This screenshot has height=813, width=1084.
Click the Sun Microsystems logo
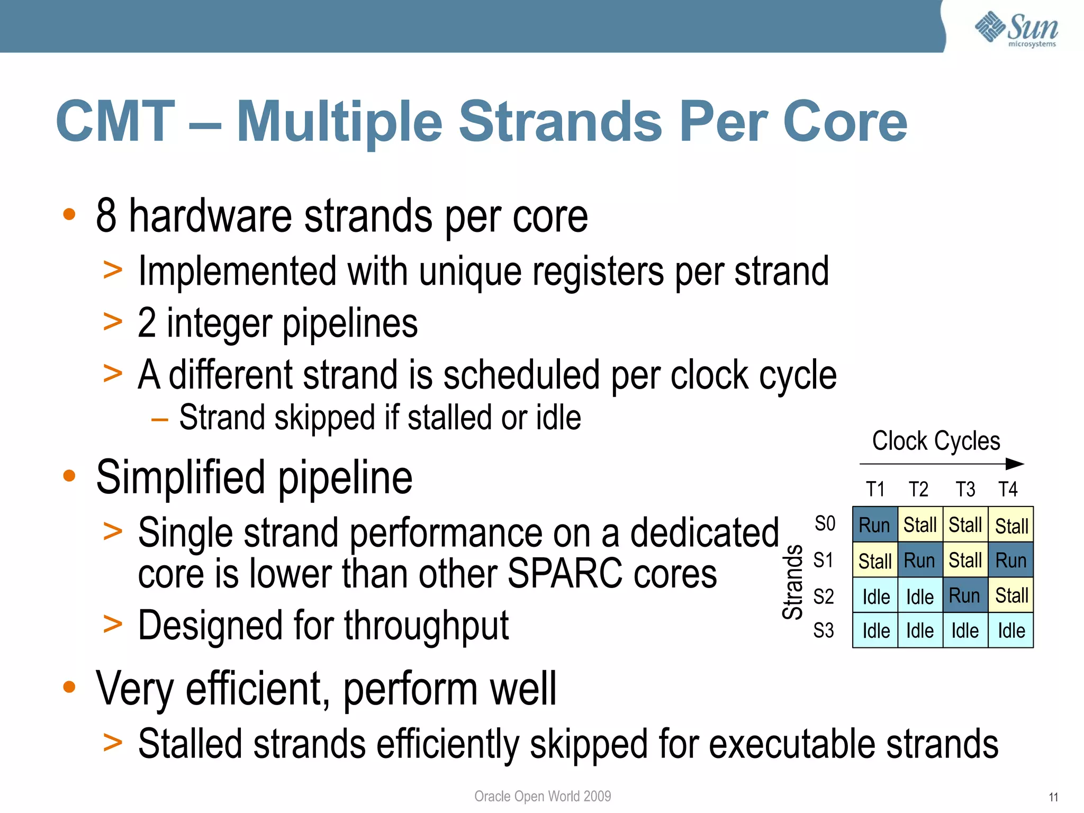[x=1016, y=29]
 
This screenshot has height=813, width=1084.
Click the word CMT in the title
[x=115, y=122]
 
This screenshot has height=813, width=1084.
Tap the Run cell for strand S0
[x=874, y=525]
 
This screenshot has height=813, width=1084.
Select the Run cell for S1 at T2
[x=919, y=560]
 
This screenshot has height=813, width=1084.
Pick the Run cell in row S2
[x=964, y=595]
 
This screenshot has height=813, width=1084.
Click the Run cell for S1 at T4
[x=1010, y=560]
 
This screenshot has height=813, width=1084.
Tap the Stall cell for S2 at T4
[x=1011, y=595]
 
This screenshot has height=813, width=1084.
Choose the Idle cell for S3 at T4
[x=1011, y=630]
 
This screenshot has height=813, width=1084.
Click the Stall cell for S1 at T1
[x=874, y=561]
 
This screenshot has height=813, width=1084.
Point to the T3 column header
[x=965, y=489]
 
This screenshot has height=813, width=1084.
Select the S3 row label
[x=824, y=630]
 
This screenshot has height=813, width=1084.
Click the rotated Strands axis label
[x=792, y=582]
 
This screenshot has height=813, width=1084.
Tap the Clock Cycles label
[x=936, y=441]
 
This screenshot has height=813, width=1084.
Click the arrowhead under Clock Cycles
[x=1015, y=464]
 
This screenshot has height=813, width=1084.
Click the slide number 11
[x=1053, y=797]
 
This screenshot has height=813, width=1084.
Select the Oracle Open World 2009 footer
[x=543, y=796]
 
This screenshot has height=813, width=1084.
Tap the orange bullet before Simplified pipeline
[x=69, y=475]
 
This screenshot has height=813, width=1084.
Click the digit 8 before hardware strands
[x=106, y=216]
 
